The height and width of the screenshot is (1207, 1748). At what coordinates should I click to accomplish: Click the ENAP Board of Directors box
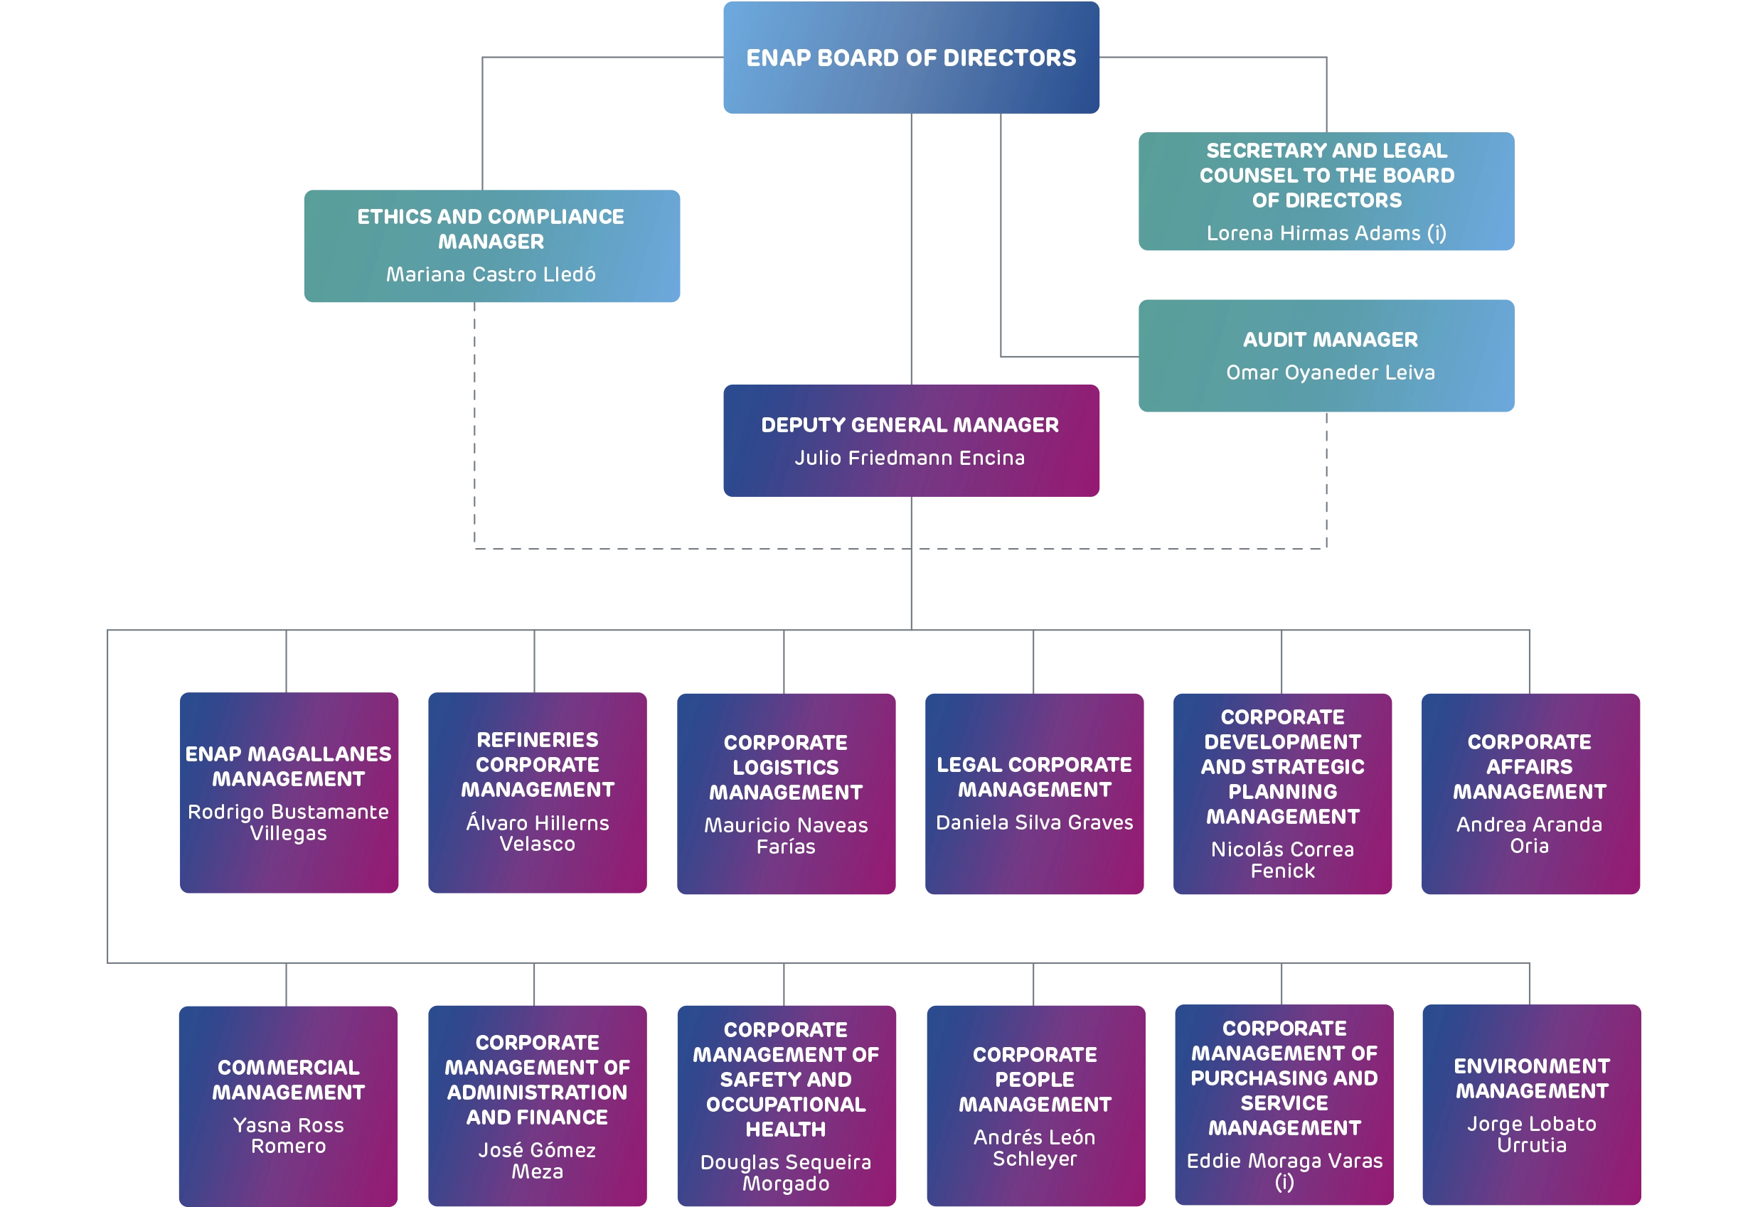[x=912, y=58]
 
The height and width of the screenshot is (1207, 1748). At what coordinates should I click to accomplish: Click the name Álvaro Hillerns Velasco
[x=537, y=833]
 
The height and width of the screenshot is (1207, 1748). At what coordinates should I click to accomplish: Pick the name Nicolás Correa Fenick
[x=1282, y=860]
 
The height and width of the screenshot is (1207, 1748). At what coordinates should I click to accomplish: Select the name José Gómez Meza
[x=537, y=1160]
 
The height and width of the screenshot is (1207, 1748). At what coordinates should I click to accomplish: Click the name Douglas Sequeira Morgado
[x=785, y=1172]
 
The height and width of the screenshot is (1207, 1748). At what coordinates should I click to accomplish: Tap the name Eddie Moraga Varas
[x=1284, y=1162]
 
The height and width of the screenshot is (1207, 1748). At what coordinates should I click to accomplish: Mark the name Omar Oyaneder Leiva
[x=1329, y=372]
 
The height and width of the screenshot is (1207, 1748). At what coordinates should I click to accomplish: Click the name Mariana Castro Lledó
[x=491, y=274]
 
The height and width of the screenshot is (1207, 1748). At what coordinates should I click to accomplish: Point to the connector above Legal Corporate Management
[x=1033, y=660]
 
